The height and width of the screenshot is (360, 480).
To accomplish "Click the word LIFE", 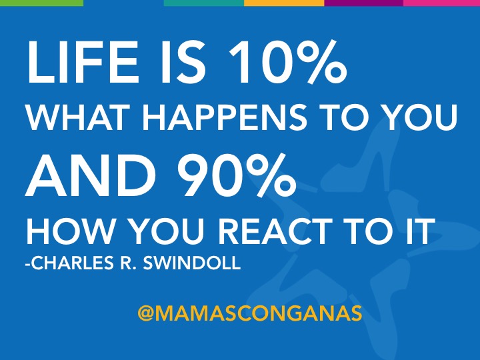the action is click(x=82, y=61).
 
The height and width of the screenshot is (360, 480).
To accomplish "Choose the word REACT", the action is click(x=275, y=231).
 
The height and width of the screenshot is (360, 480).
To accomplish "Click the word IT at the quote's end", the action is click(x=420, y=231).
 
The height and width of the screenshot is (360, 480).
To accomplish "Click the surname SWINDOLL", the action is click(x=191, y=263).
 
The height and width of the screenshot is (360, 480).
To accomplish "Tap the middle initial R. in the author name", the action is click(x=128, y=263).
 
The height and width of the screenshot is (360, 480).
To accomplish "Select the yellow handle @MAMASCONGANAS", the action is click(x=250, y=313).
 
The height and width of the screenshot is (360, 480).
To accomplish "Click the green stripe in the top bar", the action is click(x=41, y=3).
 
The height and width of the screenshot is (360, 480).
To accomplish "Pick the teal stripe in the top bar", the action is click(x=204, y=3).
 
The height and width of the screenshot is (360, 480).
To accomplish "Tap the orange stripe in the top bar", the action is click(x=284, y=3).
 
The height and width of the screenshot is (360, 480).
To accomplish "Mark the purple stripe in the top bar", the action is click(x=364, y=3).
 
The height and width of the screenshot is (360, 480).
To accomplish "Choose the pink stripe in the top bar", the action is click(x=441, y=3).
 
